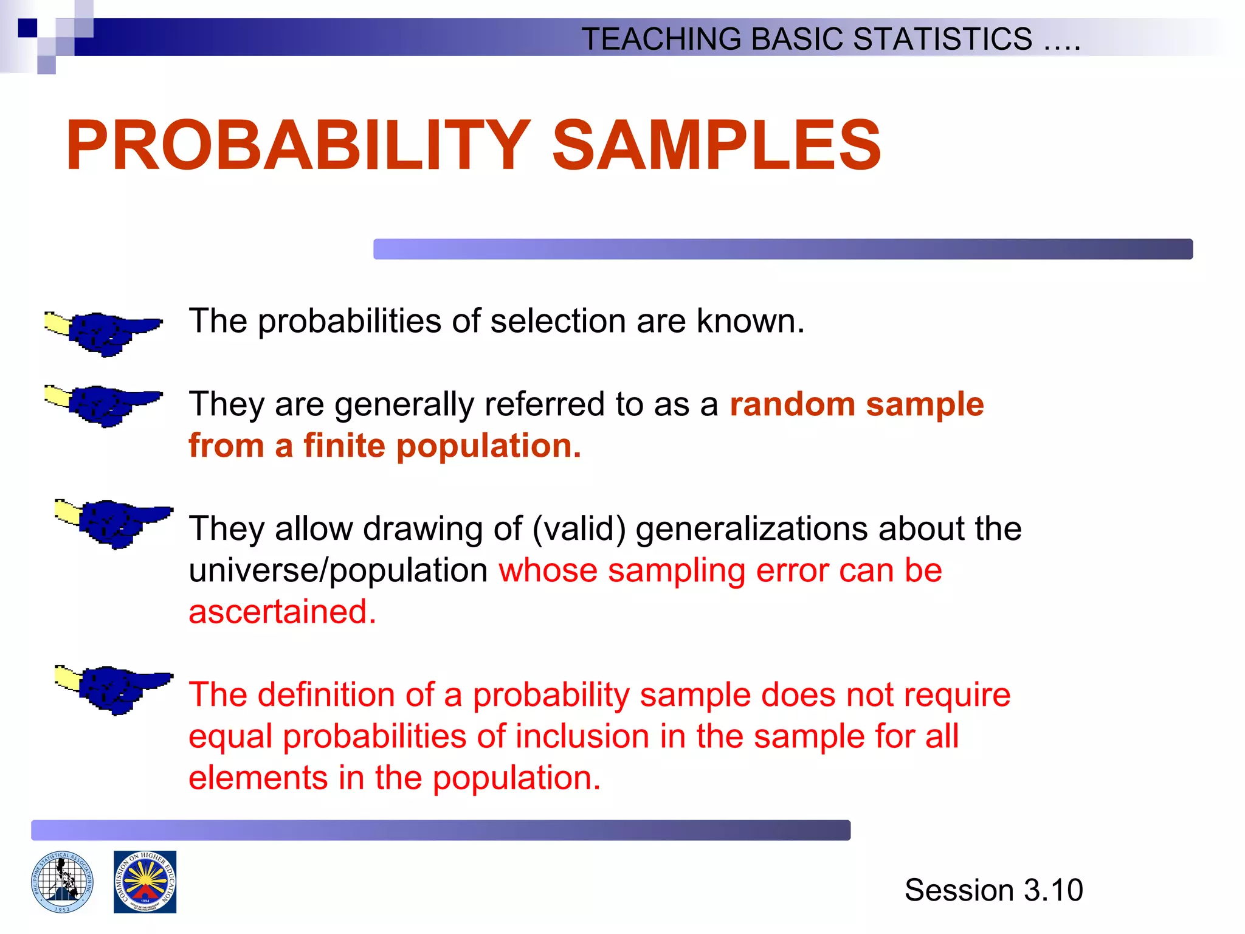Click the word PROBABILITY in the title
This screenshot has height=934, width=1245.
tap(298, 146)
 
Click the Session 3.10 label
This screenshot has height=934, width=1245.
tap(993, 890)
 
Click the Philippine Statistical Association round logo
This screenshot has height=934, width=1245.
tap(63, 882)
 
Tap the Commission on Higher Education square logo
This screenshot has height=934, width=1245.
tap(145, 882)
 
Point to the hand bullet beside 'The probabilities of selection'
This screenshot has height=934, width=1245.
tap(103, 333)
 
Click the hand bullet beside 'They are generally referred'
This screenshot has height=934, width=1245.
tap(103, 405)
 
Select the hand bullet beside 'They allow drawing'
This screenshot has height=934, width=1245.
tap(114, 523)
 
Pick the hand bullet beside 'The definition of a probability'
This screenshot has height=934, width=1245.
tap(114, 689)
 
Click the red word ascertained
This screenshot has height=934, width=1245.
tap(281, 612)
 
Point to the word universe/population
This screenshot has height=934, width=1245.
tap(338, 571)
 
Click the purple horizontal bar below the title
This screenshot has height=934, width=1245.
tap(782, 249)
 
